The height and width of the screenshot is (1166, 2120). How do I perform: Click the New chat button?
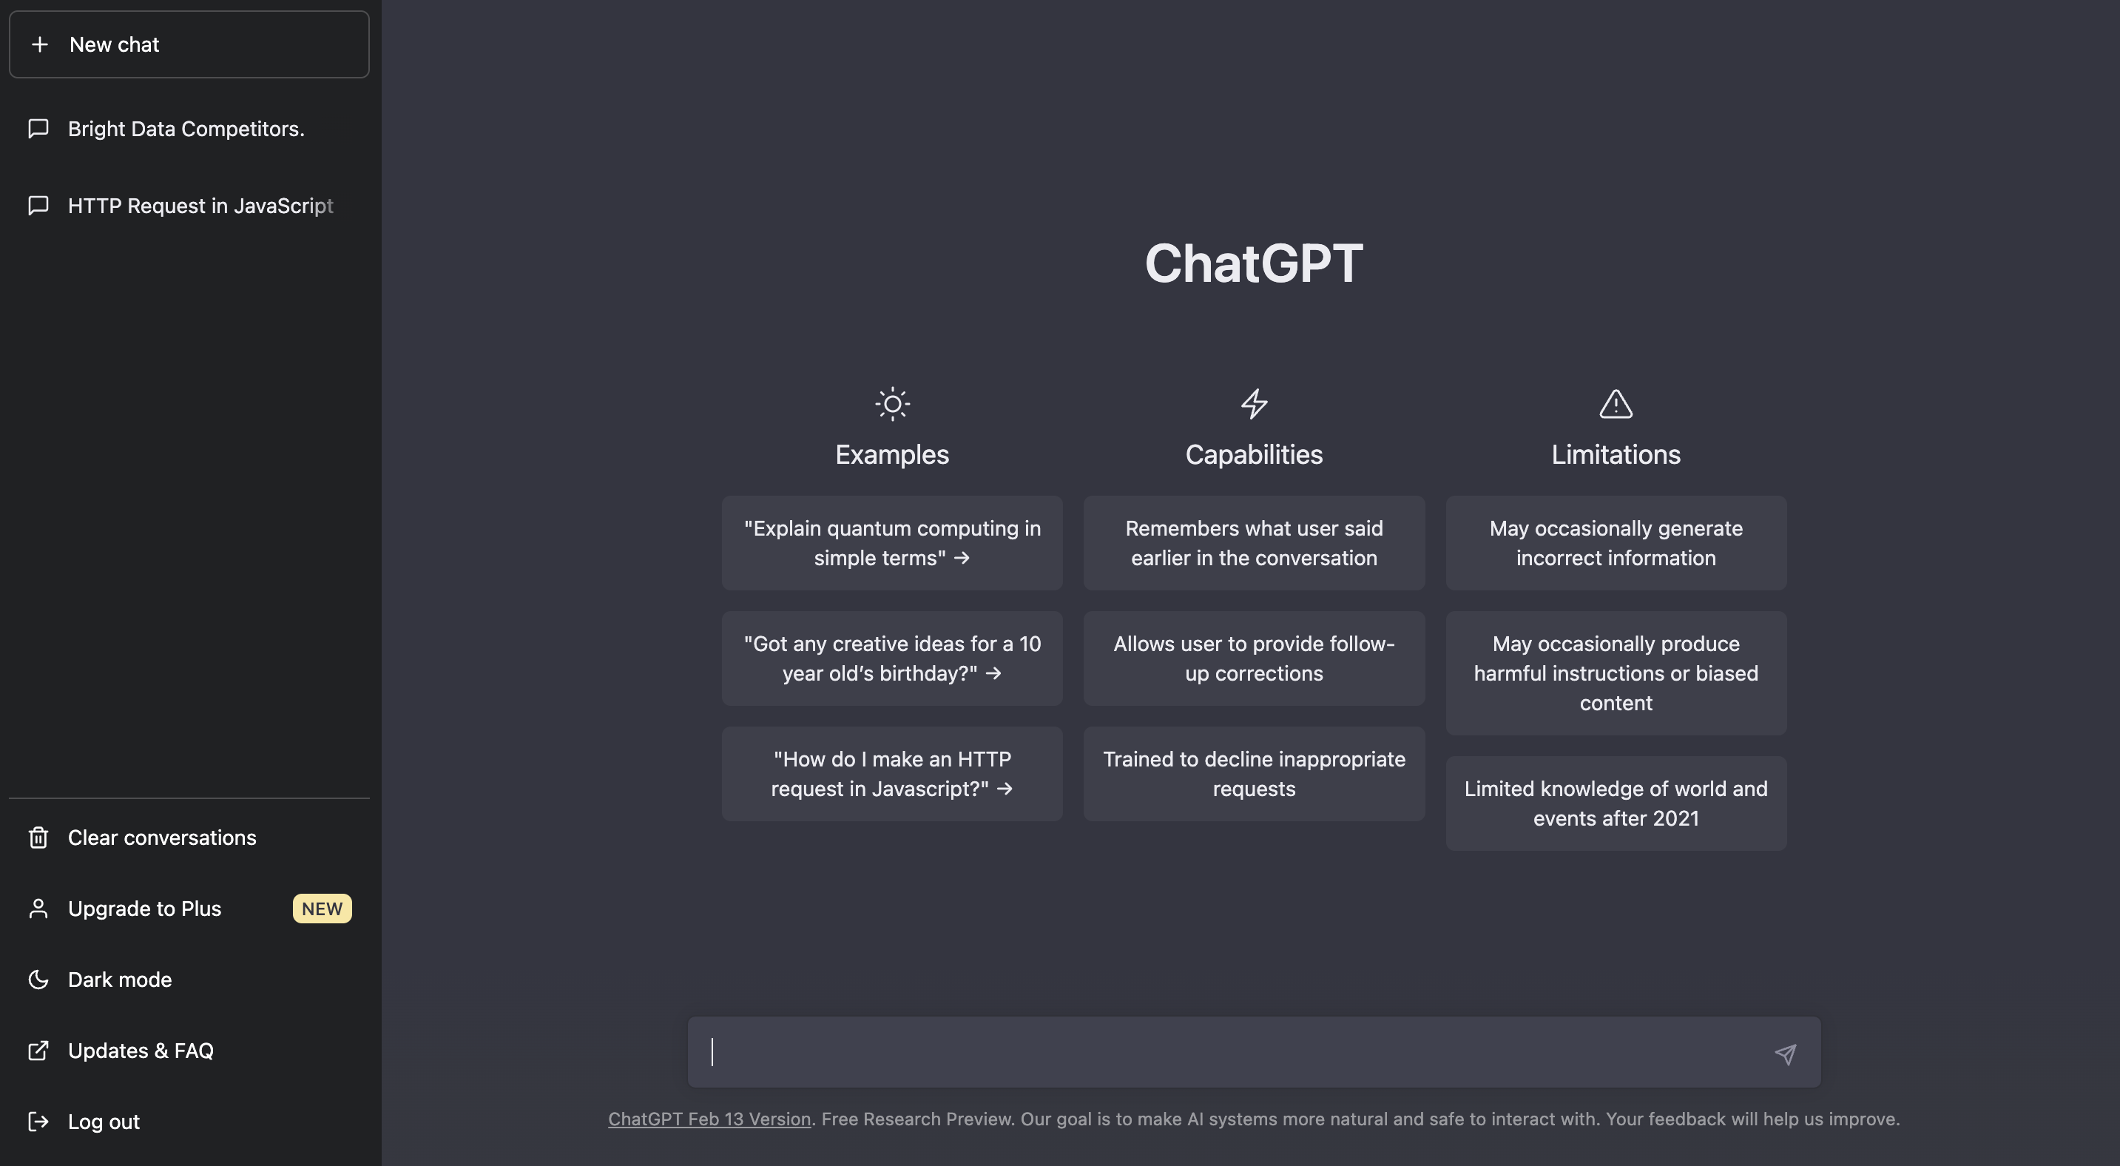click(189, 44)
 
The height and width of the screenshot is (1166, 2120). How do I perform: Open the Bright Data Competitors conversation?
click(186, 129)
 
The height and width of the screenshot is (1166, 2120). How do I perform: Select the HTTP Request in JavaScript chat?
click(200, 206)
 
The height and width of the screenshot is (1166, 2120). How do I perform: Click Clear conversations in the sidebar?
click(162, 838)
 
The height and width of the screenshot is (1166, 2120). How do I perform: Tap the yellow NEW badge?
click(322, 909)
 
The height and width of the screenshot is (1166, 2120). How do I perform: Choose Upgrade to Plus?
click(145, 909)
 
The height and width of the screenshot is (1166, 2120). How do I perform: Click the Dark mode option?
click(120, 980)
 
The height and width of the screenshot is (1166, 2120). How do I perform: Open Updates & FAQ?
click(141, 1051)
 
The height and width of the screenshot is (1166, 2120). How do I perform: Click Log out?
click(104, 1122)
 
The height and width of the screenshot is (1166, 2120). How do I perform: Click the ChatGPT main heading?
click(1253, 263)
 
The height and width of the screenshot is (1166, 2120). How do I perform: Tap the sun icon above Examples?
click(892, 404)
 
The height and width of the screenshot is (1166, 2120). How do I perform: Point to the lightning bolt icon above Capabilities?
click(1255, 404)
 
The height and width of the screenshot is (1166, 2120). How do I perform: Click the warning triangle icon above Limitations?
click(1616, 404)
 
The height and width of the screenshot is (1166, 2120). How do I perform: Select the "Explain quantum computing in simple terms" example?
click(892, 543)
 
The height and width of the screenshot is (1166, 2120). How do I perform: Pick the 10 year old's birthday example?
click(892, 658)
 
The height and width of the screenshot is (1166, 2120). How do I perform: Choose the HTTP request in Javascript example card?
click(892, 773)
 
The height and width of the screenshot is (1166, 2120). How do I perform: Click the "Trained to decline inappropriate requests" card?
click(1255, 773)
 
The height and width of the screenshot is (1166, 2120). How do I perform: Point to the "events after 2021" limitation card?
click(1616, 803)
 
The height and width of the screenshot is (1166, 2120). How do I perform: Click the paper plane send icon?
click(1785, 1054)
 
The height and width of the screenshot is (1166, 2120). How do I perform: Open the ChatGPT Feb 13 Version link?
click(709, 1119)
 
